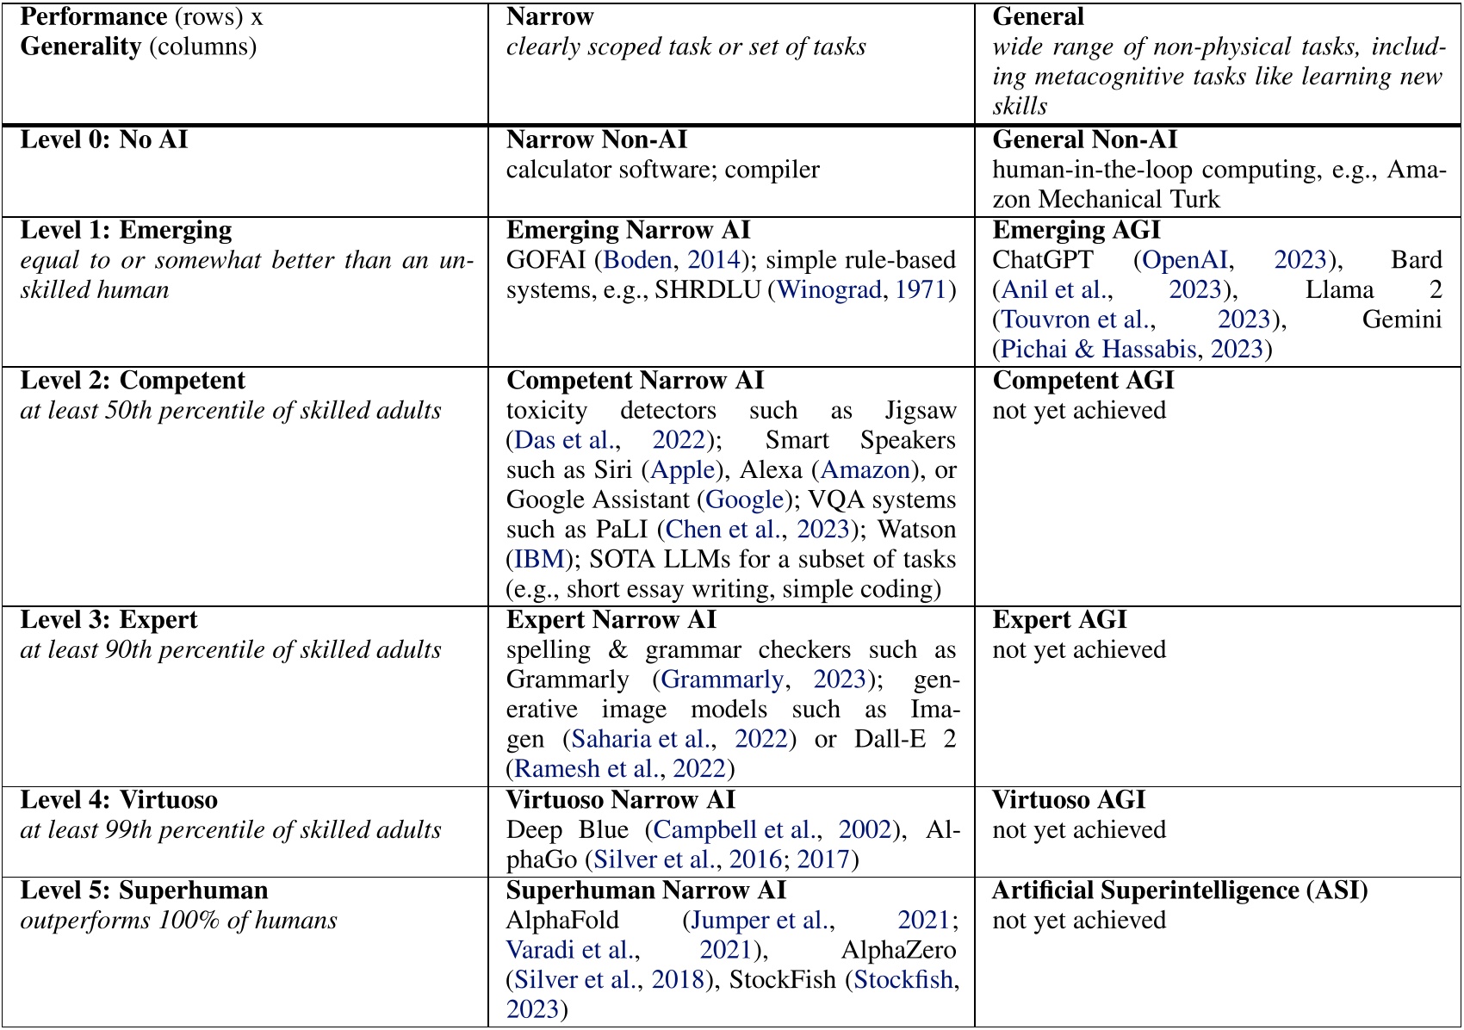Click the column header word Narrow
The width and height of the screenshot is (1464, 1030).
pyautogui.click(x=549, y=17)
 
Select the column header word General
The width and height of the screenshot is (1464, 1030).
pyautogui.click(x=1038, y=17)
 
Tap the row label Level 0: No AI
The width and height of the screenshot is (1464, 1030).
pyautogui.click(x=103, y=140)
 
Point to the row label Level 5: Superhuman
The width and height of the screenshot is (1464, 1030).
pyautogui.click(x=144, y=890)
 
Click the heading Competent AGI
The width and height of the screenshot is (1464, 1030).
pyautogui.click(x=1082, y=381)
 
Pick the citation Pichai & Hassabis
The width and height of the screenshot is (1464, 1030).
pyautogui.click(x=1098, y=350)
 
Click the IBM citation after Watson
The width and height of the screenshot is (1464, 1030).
pyautogui.click(x=538, y=560)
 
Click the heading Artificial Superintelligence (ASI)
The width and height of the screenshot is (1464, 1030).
pyautogui.click(x=1180, y=890)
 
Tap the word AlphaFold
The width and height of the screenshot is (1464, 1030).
pyautogui.click(x=562, y=921)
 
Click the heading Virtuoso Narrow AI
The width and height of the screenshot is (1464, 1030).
pyautogui.click(x=620, y=800)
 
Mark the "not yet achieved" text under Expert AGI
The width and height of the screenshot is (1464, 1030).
pyautogui.click(x=1078, y=650)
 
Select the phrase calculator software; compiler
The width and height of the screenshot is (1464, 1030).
pyautogui.click(x=662, y=170)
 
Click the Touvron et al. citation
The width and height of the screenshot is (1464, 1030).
pyautogui.click(x=1076, y=320)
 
